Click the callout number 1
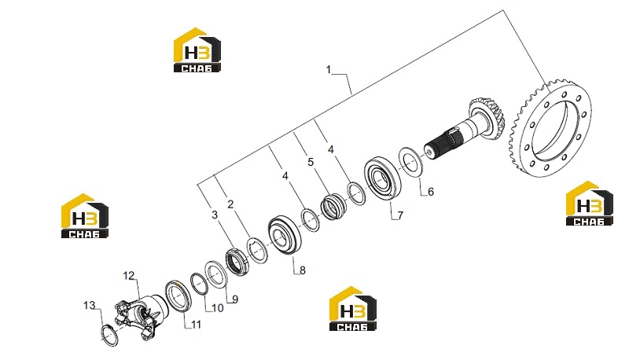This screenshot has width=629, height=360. pyautogui.click(x=329, y=70)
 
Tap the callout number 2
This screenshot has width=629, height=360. pyautogui.click(x=230, y=204)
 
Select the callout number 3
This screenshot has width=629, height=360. pyautogui.click(x=215, y=215)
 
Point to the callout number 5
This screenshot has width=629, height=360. pyautogui.click(x=311, y=163)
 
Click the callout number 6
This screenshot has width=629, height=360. pyautogui.click(x=431, y=192)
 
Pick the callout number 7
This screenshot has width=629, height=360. pyautogui.click(x=400, y=215)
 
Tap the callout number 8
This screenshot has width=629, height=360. pyautogui.click(x=303, y=270)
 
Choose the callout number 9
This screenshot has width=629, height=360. pyautogui.click(x=235, y=299)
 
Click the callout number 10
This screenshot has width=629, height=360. pyautogui.click(x=218, y=308)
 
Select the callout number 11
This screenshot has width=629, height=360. pyautogui.click(x=196, y=324)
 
